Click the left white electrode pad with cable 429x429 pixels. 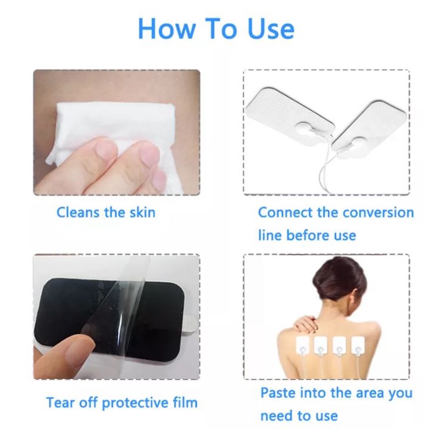pyautogui.click(x=288, y=113)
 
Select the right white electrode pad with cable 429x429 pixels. pyautogui.click(x=367, y=132)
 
